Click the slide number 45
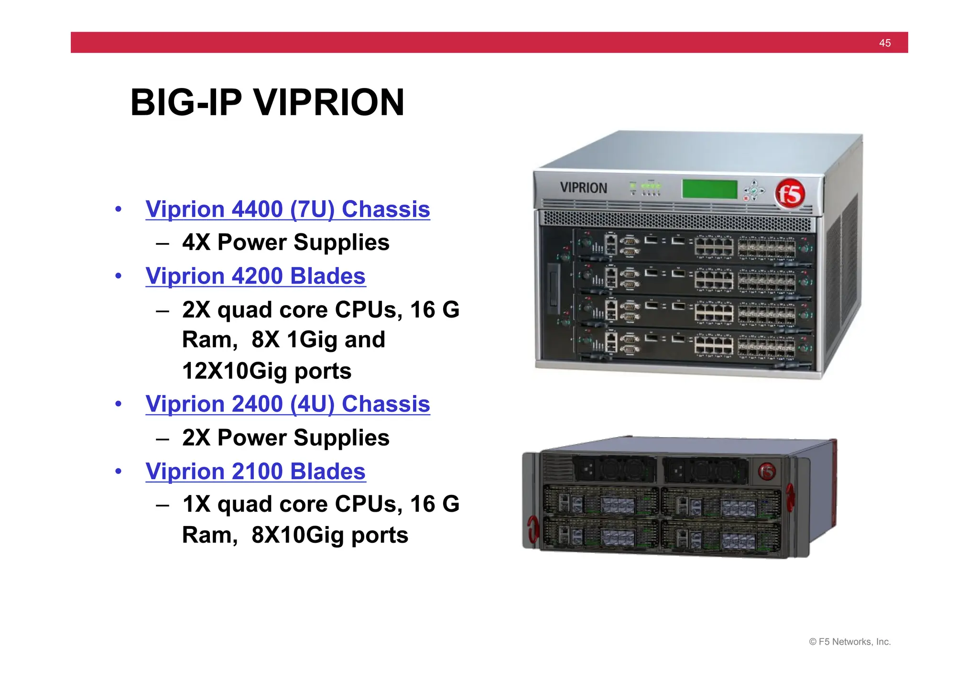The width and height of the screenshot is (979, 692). tap(884, 43)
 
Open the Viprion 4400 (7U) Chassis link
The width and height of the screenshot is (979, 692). tap(287, 209)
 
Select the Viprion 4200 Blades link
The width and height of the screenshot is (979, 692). tap(255, 276)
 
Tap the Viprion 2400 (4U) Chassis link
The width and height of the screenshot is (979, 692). tap(287, 404)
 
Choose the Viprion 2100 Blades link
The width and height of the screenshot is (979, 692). tap(255, 472)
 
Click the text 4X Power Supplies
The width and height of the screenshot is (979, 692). tap(285, 242)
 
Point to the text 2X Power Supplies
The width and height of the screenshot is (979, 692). tap(285, 438)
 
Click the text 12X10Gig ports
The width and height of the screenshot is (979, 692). tap(266, 371)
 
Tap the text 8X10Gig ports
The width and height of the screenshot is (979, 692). tap(329, 535)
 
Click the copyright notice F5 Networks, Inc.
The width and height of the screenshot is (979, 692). tap(849, 642)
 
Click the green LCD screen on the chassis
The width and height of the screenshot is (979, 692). tap(709, 189)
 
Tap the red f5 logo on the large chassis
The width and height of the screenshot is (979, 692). tap(790, 194)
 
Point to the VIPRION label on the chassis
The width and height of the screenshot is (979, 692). tap(583, 188)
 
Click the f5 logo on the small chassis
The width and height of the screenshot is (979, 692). tap(767, 472)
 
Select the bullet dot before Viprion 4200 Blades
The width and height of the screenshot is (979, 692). tap(119, 276)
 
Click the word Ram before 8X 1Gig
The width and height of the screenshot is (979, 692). tap(209, 340)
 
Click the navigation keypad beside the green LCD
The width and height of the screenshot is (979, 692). tap(753, 190)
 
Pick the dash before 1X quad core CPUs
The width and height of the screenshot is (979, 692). tap(163, 505)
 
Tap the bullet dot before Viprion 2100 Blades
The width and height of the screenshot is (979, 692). tap(119, 472)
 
